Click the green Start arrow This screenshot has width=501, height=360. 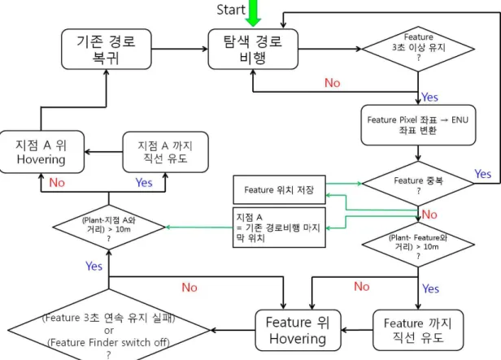click(x=253, y=13)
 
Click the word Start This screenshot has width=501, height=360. click(x=231, y=10)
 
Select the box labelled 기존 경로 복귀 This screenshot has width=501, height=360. click(x=106, y=49)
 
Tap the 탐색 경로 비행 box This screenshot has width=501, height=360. click(x=253, y=49)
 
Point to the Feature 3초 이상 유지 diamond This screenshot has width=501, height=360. click(x=418, y=49)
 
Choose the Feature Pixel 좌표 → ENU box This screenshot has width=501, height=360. click(x=418, y=125)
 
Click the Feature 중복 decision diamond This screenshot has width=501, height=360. click(x=418, y=184)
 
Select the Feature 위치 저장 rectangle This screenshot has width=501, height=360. click(x=279, y=189)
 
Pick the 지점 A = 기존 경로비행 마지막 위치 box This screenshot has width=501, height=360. click(x=279, y=228)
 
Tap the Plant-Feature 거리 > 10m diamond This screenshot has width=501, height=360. click(x=418, y=245)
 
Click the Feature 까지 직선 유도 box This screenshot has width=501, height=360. click(x=418, y=330)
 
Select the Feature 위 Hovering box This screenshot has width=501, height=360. click(x=298, y=330)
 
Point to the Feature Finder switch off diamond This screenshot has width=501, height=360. click(x=109, y=330)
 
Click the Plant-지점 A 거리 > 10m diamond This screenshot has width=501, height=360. click(x=109, y=228)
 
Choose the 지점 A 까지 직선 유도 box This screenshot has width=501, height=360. click(x=166, y=152)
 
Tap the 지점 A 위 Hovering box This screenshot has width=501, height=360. click(x=41, y=152)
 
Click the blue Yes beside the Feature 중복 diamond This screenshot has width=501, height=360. click(x=483, y=174)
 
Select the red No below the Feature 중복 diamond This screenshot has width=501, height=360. click(x=429, y=215)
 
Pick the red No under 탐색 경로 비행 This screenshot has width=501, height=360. click(x=333, y=83)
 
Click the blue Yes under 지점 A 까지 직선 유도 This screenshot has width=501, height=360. click(x=144, y=183)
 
